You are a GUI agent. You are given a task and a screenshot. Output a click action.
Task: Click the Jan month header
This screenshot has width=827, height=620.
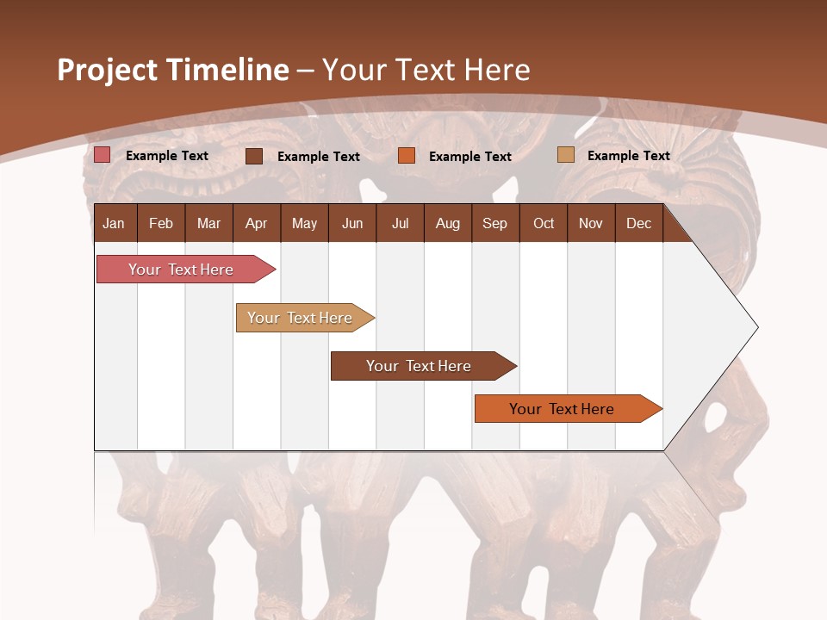pyautogui.click(x=115, y=223)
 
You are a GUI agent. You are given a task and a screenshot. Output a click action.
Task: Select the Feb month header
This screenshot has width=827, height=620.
pyautogui.click(x=161, y=223)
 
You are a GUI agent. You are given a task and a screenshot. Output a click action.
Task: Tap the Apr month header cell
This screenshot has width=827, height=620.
pyautogui.click(x=257, y=223)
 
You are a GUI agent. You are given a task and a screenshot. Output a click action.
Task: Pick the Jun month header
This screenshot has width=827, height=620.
pyautogui.click(x=352, y=223)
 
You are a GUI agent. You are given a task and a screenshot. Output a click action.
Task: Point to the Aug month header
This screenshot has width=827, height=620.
pyautogui.click(x=448, y=223)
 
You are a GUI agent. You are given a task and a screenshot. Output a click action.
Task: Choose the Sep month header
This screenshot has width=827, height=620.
pyautogui.click(x=495, y=223)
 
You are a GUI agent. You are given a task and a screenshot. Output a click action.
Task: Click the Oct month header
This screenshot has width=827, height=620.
pyautogui.click(x=544, y=223)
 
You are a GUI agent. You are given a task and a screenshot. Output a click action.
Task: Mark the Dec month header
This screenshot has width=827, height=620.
pyautogui.click(x=639, y=223)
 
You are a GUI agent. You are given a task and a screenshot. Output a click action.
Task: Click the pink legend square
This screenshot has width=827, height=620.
pyautogui.click(x=103, y=155)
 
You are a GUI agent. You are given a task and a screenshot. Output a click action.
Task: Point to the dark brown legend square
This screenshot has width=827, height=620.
pyautogui.click(x=254, y=156)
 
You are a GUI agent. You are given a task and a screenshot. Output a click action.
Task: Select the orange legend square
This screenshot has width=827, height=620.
pyautogui.click(x=407, y=156)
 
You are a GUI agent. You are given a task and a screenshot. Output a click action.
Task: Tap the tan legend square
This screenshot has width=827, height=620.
pyautogui.click(x=565, y=155)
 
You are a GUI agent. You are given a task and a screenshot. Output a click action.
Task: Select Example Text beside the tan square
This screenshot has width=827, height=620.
pyautogui.click(x=628, y=156)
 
